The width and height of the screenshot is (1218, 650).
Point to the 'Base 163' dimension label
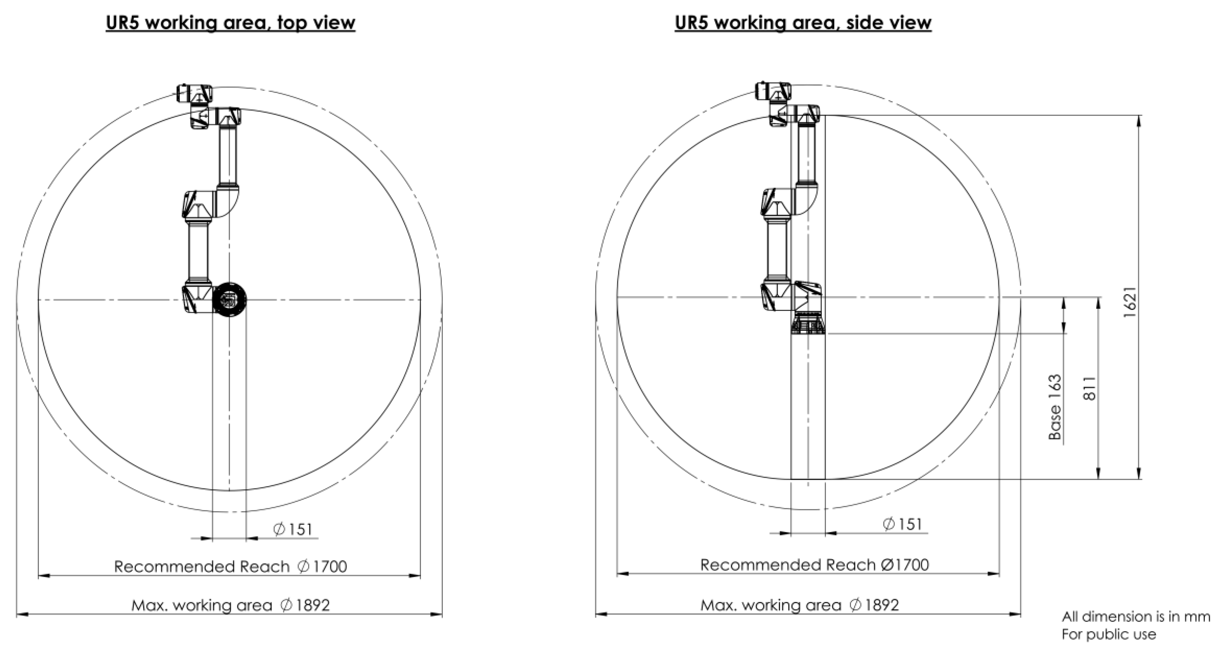click(x=1055, y=407)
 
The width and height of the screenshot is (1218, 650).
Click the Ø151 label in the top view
click(x=293, y=529)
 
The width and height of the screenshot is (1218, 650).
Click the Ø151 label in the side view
click(x=902, y=524)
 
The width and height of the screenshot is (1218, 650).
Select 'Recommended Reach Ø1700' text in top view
click(x=231, y=566)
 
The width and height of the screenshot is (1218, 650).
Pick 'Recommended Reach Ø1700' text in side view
click(x=815, y=565)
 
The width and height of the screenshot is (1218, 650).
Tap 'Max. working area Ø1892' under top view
click(x=231, y=605)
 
